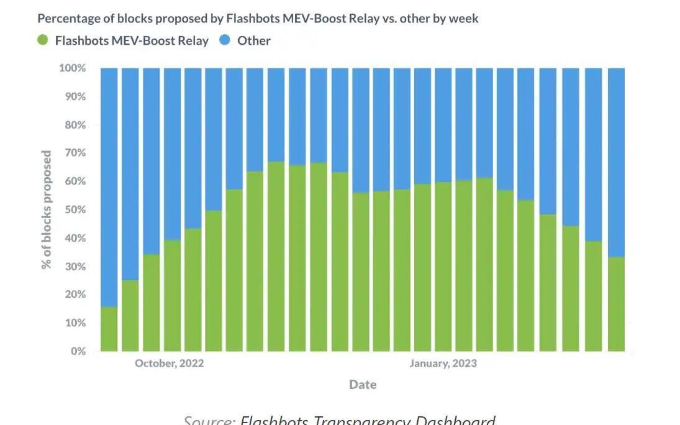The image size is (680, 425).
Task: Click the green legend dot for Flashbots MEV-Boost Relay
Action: (x=43, y=40)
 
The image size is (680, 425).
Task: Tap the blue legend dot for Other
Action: (x=225, y=40)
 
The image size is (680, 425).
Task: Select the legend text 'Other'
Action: (x=254, y=41)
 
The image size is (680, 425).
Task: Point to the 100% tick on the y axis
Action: (x=73, y=68)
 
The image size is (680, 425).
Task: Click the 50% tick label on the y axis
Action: (x=75, y=209)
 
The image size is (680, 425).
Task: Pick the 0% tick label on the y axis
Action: (x=78, y=351)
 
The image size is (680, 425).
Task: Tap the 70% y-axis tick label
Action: (x=75, y=153)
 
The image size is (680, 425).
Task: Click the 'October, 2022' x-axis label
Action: (x=169, y=363)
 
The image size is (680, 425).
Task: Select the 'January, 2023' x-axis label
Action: (x=443, y=363)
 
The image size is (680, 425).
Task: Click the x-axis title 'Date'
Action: (x=363, y=385)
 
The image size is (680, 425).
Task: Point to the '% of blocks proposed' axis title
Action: (x=47, y=209)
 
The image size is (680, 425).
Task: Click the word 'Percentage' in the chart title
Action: (x=68, y=19)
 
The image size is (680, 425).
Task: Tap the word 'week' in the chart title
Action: (x=463, y=19)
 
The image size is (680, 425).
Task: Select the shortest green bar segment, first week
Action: (x=109, y=329)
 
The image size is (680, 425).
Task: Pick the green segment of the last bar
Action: (x=616, y=304)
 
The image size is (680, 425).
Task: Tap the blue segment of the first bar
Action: (x=109, y=186)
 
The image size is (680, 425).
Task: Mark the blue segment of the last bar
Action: (x=616, y=162)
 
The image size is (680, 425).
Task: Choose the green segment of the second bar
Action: (x=130, y=316)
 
